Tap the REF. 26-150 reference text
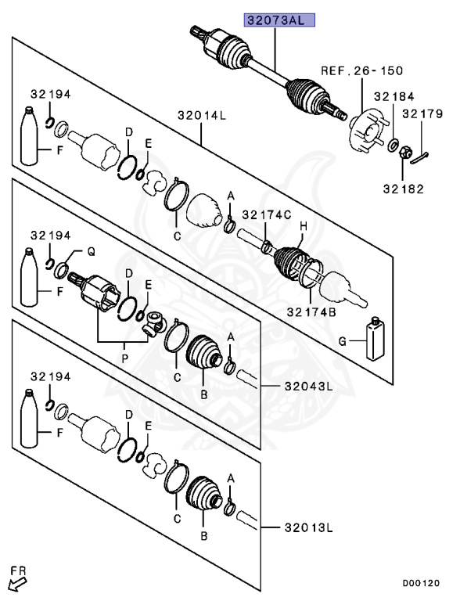tap(362, 70)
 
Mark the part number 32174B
tap(311, 311)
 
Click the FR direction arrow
tap(16, 580)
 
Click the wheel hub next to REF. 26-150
tap(364, 131)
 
